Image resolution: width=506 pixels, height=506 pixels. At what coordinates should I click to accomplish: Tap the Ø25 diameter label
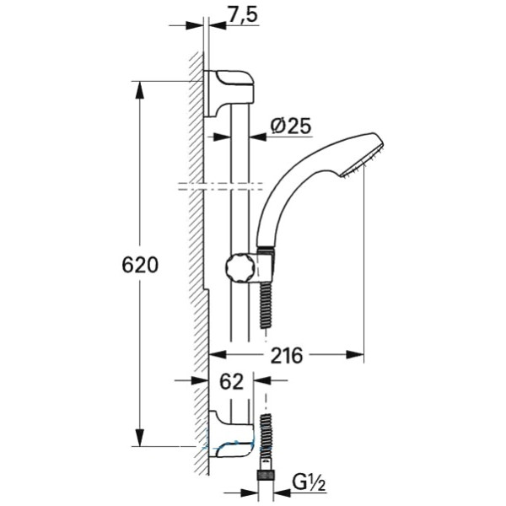291,126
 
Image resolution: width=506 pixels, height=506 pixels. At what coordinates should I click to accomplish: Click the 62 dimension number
231,382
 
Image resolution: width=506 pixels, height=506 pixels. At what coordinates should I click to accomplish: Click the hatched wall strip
198,253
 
